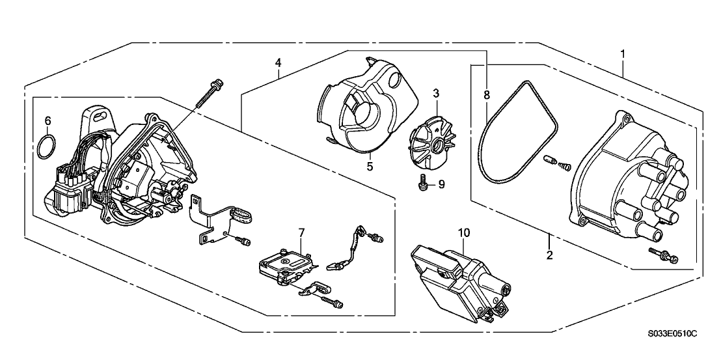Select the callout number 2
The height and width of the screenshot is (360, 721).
(x=549, y=255)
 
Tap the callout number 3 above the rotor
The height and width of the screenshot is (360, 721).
(x=436, y=94)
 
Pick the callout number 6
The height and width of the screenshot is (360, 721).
(x=47, y=120)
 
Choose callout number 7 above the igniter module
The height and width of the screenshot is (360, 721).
(x=301, y=232)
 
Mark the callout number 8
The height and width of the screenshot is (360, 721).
(x=486, y=95)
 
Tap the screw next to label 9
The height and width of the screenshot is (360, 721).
(x=422, y=184)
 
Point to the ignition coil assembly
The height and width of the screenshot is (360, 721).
(x=462, y=280)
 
